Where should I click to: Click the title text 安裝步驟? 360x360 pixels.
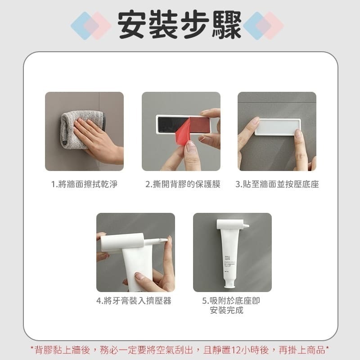(x=180, y=23)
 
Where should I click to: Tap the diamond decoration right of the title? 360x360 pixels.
(x=264, y=26)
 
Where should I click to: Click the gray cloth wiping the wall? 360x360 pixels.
(x=72, y=128)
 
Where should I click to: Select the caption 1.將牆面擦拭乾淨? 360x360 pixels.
(x=84, y=184)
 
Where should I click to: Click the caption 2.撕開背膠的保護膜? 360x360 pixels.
(x=182, y=184)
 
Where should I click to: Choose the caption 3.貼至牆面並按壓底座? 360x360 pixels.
(x=277, y=184)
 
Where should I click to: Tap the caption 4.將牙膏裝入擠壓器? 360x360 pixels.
(x=134, y=301)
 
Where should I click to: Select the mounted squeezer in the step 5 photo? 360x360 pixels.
(x=230, y=224)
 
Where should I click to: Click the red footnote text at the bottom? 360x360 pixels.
(x=180, y=350)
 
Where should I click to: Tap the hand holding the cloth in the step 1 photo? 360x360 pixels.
(x=97, y=139)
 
